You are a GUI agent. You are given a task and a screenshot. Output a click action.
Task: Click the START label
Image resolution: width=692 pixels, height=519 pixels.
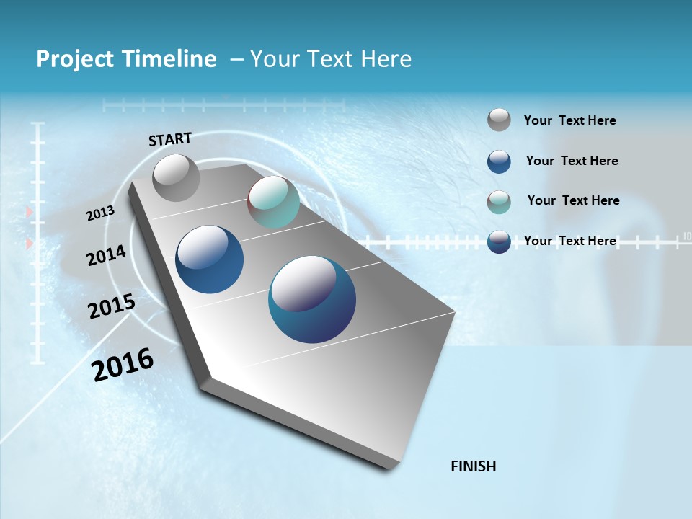tap(170, 139)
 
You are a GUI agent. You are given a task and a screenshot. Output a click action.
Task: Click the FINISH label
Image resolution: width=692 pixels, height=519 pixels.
tap(473, 466)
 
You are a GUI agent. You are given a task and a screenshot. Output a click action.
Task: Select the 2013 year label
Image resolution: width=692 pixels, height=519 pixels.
tap(101, 213)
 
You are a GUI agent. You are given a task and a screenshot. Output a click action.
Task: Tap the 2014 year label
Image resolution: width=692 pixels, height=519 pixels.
tap(107, 255)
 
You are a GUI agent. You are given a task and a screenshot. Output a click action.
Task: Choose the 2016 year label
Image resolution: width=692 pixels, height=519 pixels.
tap(123, 364)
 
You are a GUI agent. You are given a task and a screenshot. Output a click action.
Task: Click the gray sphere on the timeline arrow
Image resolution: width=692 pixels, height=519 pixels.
tap(176, 177)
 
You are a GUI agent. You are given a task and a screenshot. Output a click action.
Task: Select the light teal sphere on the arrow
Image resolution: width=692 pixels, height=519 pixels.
tap(274, 202)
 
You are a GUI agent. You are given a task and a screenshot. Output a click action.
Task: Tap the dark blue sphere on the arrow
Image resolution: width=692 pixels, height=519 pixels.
tap(210, 259)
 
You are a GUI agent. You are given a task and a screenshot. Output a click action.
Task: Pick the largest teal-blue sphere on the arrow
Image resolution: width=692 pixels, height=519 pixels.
tap(312, 299)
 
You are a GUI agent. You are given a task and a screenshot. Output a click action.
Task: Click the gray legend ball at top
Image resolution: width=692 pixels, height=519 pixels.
tap(499, 120)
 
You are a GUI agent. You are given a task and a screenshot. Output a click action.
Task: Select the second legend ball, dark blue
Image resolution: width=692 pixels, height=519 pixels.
tap(499, 161)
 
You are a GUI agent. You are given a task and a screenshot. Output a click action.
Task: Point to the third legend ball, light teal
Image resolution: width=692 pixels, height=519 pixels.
tap(499, 202)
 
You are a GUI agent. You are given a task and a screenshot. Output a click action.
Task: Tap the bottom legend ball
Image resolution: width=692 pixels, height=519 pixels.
tap(499, 241)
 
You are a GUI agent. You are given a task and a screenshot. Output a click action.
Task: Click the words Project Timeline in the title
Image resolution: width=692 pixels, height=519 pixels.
tap(126, 59)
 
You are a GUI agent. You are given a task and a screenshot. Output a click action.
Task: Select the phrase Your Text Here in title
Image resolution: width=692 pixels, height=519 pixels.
tap(331, 59)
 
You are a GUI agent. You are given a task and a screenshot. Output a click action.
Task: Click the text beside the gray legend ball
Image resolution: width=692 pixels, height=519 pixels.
tap(569, 120)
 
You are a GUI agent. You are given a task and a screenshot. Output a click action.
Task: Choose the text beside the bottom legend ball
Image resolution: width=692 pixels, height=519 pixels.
tap(569, 241)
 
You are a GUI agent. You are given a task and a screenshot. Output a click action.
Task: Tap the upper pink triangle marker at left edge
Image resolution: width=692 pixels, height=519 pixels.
tap(30, 212)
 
